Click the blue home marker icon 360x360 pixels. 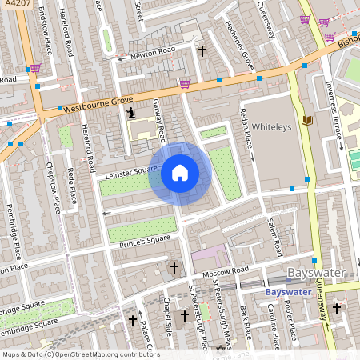[x=180, y=173]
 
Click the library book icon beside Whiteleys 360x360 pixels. [x=305, y=122]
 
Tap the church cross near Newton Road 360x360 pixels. [x=202, y=50]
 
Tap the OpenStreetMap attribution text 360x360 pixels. [x=80, y=354]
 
